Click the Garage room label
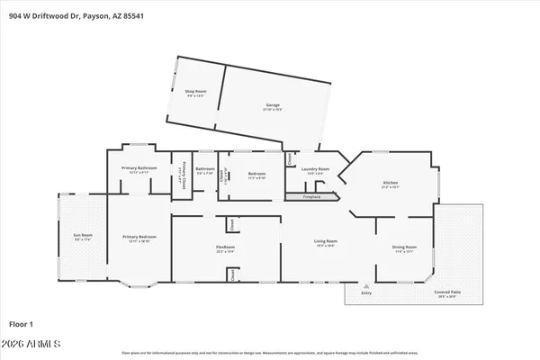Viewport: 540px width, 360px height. point(273,106)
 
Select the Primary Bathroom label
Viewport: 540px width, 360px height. point(139,169)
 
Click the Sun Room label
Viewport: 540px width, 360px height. point(82,237)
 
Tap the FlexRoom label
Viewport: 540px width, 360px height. point(225,248)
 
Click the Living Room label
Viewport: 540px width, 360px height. point(325,242)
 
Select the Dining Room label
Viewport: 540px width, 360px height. point(404,247)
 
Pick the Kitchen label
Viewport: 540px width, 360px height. point(391,184)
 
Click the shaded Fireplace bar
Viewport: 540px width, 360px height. point(311,195)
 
